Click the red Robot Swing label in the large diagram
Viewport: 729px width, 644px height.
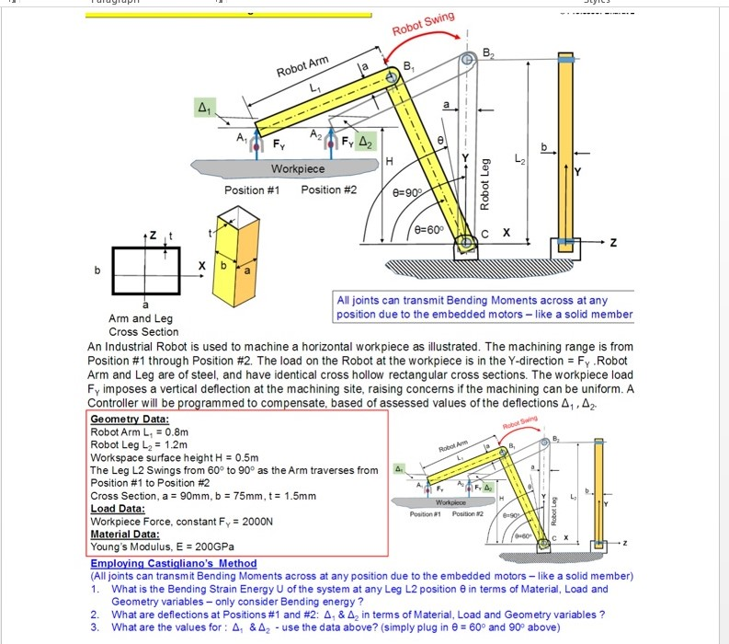(x=424, y=23)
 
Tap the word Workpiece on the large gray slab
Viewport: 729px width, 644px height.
(x=297, y=169)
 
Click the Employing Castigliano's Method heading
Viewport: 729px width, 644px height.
(x=174, y=563)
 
